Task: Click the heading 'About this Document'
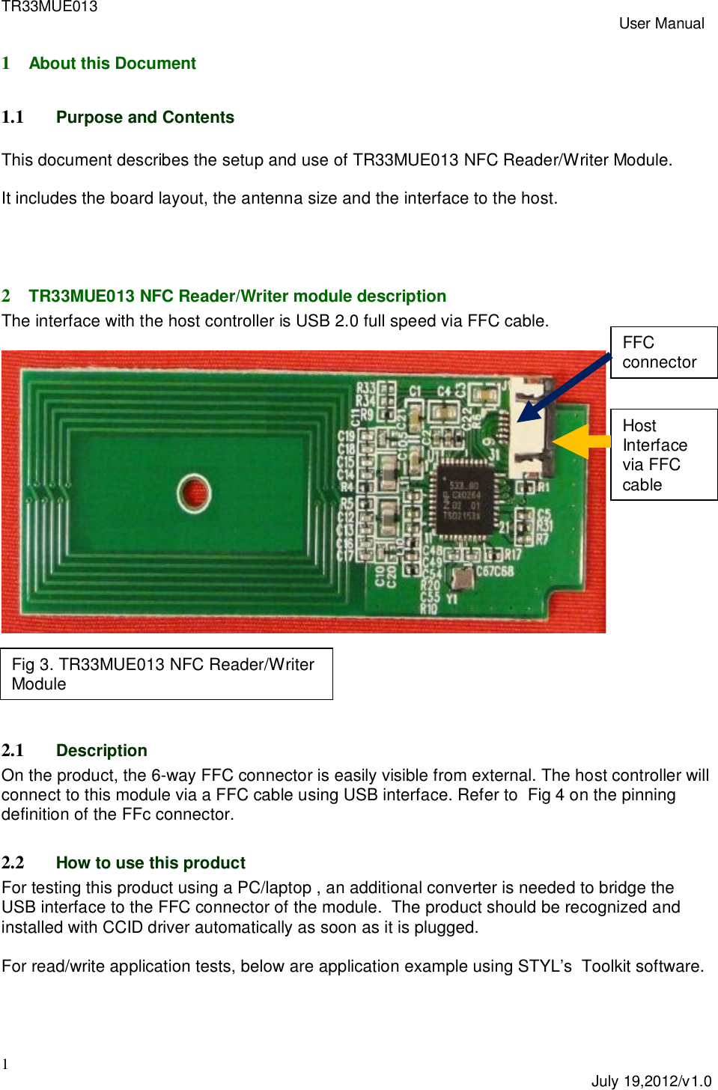112,64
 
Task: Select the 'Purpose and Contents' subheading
144,118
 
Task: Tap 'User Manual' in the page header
661,23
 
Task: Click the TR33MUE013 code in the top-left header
49,7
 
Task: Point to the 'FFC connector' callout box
663,353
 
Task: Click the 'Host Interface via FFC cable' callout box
663,454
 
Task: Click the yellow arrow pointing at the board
580,442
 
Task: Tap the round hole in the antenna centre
194,493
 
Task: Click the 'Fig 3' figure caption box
166,674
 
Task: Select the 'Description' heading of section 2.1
101,750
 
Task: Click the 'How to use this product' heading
150,862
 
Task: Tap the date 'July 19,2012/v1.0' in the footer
651,1080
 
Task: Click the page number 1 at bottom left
5,1064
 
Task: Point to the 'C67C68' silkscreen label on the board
495,571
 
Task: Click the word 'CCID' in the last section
123,927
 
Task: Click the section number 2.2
13,862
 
